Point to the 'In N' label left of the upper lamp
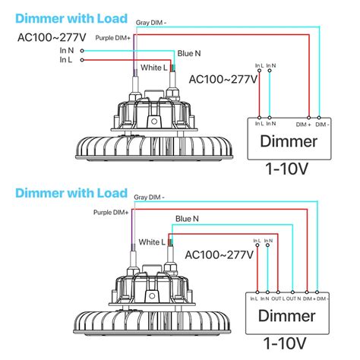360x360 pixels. (66, 49)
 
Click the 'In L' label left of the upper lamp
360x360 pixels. (66, 59)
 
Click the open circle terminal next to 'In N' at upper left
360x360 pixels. (79, 49)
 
